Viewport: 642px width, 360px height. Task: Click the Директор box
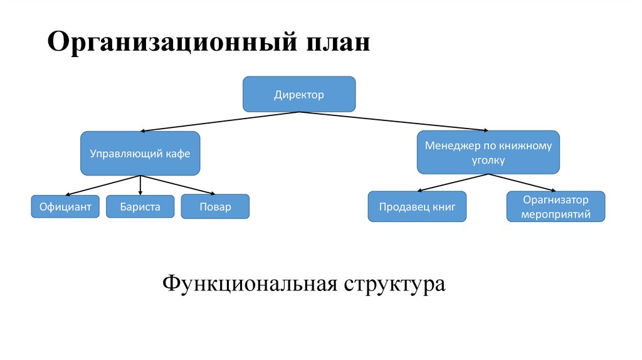299,94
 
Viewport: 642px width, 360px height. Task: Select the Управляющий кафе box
140,153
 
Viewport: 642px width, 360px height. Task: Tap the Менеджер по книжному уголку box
488,152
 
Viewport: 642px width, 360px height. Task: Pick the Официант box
65,206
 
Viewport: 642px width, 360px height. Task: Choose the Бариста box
140,206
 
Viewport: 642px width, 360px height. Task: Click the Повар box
215,206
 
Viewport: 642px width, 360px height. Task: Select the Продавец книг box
417,206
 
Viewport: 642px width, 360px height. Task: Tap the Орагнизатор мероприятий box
555,206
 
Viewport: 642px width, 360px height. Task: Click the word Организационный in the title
171,43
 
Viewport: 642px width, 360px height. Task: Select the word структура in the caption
394,283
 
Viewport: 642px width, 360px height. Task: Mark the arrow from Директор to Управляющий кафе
219,122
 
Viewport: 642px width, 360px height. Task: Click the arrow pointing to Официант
103,185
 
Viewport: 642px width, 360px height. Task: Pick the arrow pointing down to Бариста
140,185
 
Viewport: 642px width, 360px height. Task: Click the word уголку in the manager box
488,161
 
